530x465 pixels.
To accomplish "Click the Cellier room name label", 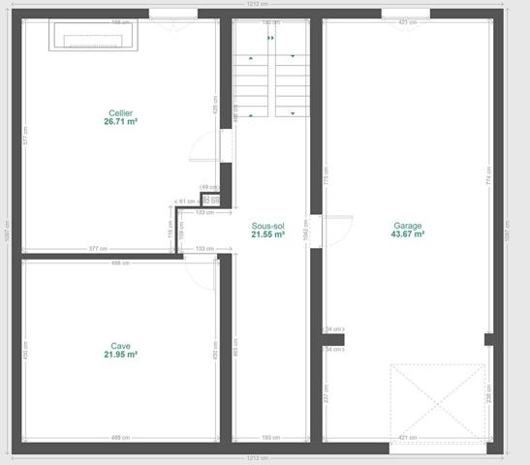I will tap(120, 113).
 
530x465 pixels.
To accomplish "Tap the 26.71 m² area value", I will tap(120, 122).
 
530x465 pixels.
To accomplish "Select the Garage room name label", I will tap(407, 226).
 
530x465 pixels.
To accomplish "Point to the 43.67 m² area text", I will tap(407, 234).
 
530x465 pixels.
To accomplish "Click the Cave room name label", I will tap(120, 346).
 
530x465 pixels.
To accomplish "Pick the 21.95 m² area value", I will tap(120, 355).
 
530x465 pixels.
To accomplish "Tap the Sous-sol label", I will tap(268, 226).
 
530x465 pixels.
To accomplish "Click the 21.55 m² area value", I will tap(268, 234).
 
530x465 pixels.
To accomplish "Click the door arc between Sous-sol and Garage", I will tap(335, 232).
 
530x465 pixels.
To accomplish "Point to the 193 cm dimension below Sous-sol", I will tap(267, 438).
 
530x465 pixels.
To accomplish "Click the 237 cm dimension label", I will tap(327, 395).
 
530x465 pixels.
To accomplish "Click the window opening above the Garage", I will tap(405, 14).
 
